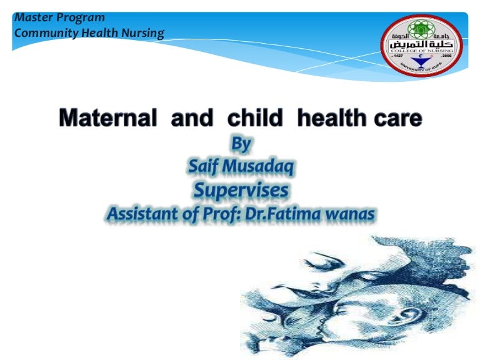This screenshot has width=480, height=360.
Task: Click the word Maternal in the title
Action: pyautogui.click(x=106, y=119)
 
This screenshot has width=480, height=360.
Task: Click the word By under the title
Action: pyautogui.click(x=241, y=144)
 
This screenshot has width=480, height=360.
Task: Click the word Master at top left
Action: pyautogui.click(x=31, y=17)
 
